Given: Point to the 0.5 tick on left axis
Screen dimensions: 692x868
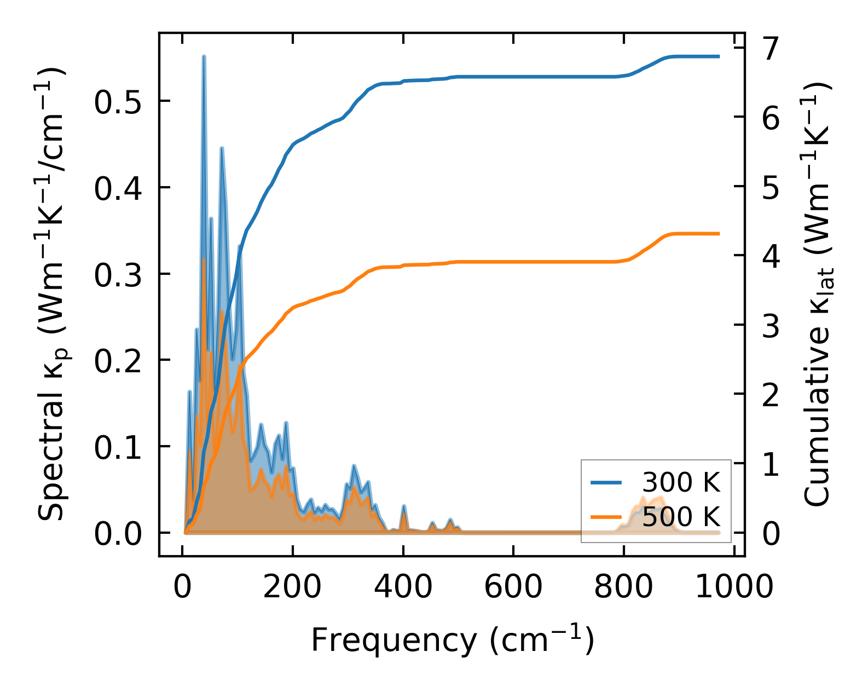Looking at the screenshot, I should point(117,101).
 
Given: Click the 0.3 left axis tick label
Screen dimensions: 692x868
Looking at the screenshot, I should point(117,274).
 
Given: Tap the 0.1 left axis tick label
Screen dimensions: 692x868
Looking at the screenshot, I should point(117,447).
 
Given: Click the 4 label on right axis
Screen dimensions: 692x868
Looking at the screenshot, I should point(771,256).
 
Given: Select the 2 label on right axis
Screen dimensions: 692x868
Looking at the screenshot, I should point(771,394).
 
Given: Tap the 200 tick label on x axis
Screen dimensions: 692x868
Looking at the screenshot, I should point(292,587).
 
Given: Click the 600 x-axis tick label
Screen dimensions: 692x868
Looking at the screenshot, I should point(513,587).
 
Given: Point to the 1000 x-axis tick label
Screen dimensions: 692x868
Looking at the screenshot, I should point(734,587).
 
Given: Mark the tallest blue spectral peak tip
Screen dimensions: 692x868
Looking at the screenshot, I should point(204,56).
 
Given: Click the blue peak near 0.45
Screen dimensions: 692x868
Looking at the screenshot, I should point(222,148).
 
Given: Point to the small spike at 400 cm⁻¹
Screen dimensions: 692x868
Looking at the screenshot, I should point(404,506).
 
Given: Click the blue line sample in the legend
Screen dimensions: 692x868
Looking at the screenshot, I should point(606,482).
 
